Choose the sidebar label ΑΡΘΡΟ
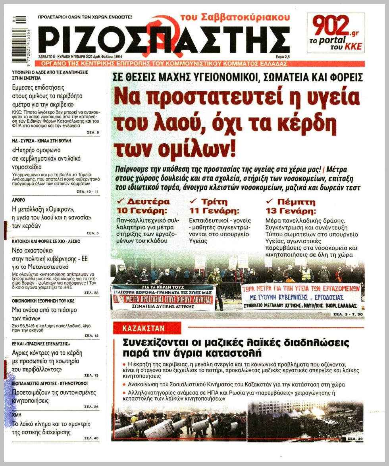click(x=21, y=200)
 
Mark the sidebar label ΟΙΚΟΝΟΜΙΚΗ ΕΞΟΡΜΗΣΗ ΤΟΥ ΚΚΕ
click(x=43, y=300)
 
